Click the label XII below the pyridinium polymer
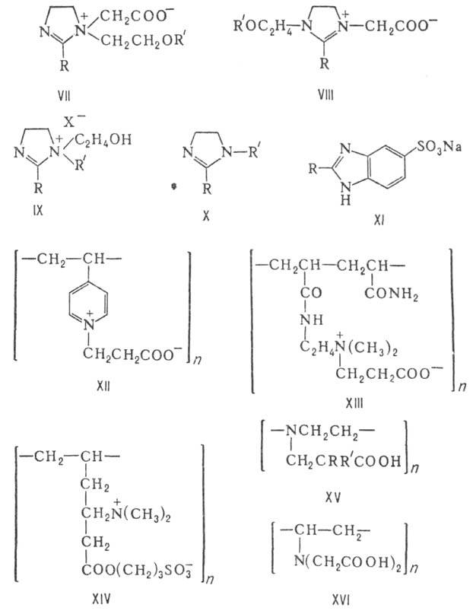point(104,387)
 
